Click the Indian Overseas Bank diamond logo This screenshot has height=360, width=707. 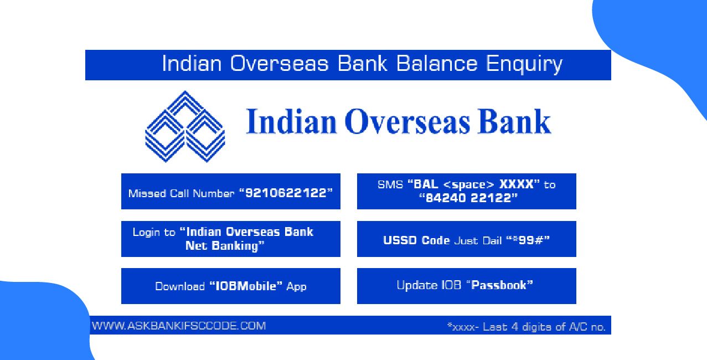pyautogui.click(x=184, y=127)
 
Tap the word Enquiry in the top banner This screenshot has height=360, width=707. pyautogui.click(x=524, y=64)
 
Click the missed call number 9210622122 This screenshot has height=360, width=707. pyautogui.click(x=286, y=193)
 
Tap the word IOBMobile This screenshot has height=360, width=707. pyautogui.click(x=246, y=286)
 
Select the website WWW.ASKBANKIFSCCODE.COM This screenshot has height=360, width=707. pyautogui.click(x=178, y=326)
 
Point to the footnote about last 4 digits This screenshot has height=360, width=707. pyautogui.click(x=526, y=327)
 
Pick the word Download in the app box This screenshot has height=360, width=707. pyautogui.click(x=180, y=286)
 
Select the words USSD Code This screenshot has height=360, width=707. pyautogui.click(x=416, y=241)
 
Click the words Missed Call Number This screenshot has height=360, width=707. pyautogui.click(x=181, y=193)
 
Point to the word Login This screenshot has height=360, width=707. pyautogui.click(x=147, y=232)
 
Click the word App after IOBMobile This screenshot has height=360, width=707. pyautogui.click(x=296, y=286)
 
